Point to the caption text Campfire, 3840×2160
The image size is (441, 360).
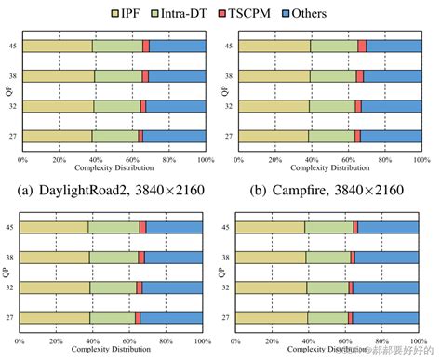pyautogui.click(x=329, y=191)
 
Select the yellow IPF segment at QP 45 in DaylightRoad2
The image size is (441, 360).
pyautogui.click(x=57, y=46)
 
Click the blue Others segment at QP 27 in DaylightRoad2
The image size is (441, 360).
pyautogui.click(x=174, y=136)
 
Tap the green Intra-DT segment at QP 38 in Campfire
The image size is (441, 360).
pyautogui.click(x=333, y=76)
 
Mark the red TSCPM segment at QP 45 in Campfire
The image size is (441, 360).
pyautogui.click(x=362, y=46)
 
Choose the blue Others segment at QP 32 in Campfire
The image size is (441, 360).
pyautogui.click(x=392, y=106)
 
